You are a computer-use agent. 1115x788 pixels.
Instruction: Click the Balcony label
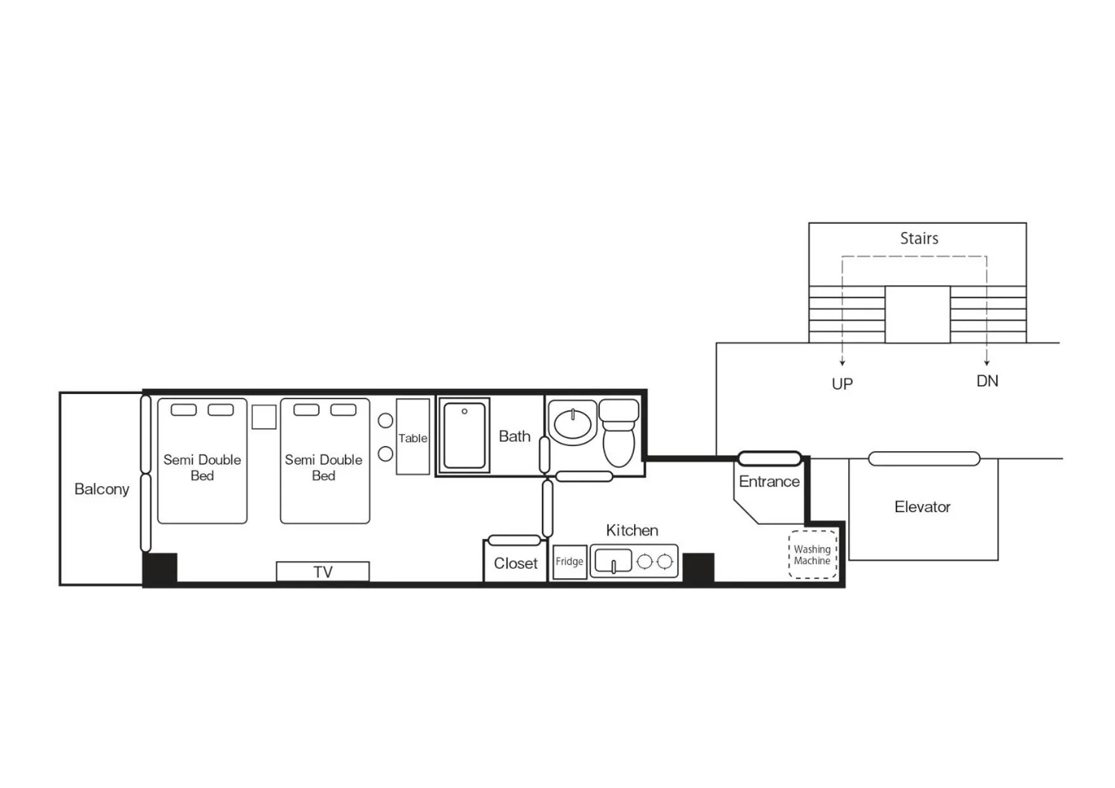point(102,489)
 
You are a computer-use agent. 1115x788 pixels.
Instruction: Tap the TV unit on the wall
point(323,571)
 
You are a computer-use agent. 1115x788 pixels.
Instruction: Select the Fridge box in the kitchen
point(569,562)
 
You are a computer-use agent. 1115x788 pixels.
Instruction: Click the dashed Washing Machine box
point(813,555)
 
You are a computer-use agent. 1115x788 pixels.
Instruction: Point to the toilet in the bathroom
point(618,434)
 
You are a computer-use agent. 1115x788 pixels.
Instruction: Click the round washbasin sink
point(572,424)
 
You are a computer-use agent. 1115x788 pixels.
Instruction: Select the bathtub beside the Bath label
point(464,436)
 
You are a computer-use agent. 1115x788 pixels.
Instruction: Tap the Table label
point(413,438)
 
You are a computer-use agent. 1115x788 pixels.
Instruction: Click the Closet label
point(515,564)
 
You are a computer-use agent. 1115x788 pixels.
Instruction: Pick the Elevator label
point(922,507)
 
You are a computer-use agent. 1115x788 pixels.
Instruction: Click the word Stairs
point(919,238)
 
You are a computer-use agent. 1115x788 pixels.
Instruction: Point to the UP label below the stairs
point(842,384)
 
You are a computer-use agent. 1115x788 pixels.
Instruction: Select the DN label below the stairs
point(987,381)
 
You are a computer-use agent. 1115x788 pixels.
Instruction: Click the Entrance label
point(769,482)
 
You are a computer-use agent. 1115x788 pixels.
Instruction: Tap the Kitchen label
point(632,531)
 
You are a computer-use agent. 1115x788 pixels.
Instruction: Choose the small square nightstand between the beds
point(264,417)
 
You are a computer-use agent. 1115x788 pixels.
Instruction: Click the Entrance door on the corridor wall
point(769,458)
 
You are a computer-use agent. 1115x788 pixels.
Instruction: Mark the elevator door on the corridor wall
point(924,458)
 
